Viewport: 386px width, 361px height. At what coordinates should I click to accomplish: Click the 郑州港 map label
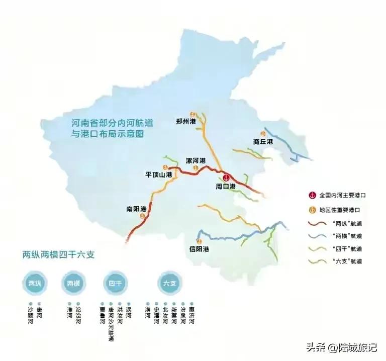(185, 122)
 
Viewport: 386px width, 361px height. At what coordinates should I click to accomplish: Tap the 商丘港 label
(263, 142)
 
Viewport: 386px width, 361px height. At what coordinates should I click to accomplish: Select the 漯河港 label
(196, 161)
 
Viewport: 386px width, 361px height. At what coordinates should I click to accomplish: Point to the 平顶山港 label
(159, 174)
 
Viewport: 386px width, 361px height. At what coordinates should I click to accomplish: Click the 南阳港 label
(136, 209)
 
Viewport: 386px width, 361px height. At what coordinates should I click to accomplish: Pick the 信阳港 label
(199, 249)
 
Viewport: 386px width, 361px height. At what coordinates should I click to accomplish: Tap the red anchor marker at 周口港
(226, 177)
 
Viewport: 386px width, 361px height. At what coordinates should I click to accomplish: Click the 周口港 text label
(226, 187)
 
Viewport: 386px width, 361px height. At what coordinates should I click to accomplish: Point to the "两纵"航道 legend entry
(344, 223)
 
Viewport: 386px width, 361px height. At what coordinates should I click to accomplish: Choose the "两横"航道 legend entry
(344, 236)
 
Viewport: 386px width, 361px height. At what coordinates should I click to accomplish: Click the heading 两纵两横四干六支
(59, 254)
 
